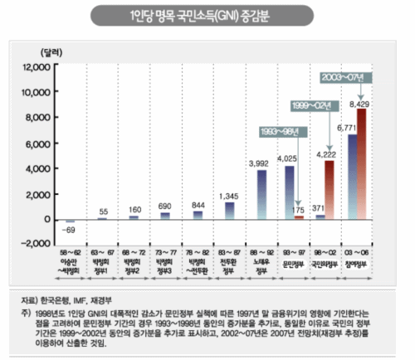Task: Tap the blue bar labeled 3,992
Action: pos(262,194)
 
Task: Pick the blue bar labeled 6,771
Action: pos(352,175)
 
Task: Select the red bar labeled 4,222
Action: pos(330,190)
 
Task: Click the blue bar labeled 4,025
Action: pos(290,192)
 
